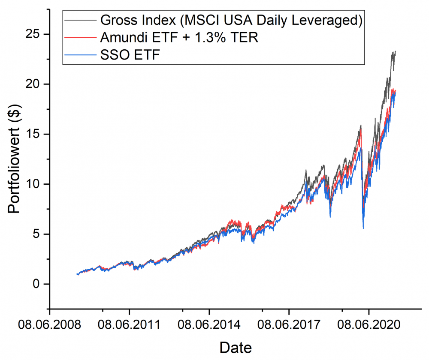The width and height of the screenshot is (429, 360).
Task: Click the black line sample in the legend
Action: [80, 20]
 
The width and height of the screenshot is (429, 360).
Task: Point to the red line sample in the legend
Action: [80, 37]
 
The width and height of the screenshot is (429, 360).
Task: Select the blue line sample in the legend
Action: [80, 55]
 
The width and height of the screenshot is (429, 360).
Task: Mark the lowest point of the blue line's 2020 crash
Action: [363, 229]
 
